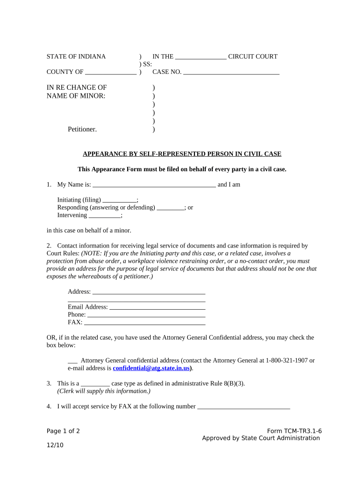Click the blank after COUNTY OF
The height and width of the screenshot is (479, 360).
click(x=111, y=73)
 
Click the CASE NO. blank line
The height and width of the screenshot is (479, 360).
click(x=231, y=73)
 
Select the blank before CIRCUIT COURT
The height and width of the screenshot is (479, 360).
click(x=201, y=57)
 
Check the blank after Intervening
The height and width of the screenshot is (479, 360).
click(x=105, y=216)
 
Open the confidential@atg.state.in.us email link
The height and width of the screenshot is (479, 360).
click(x=151, y=369)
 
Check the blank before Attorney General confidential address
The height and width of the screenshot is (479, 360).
click(x=72, y=361)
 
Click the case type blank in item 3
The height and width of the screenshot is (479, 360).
click(x=92, y=384)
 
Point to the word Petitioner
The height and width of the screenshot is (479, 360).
click(x=82, y=130)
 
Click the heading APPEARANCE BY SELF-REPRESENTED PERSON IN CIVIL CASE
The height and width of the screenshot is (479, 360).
click(x=182, y=154)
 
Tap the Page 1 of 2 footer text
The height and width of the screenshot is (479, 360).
click(x=63, y=431)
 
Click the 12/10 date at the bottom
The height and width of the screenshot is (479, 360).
click(x=55, y=445)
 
